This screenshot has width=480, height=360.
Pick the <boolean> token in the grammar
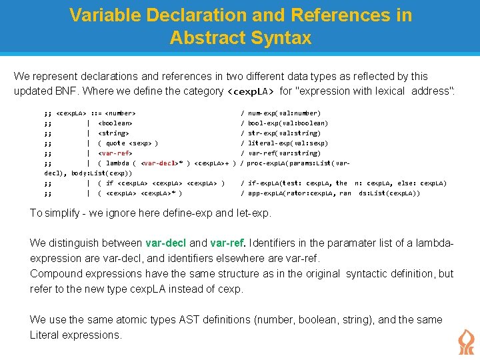coord(115,123)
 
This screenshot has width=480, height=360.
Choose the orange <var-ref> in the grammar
coord(115,153)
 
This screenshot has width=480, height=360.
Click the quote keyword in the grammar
coord(115,143)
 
